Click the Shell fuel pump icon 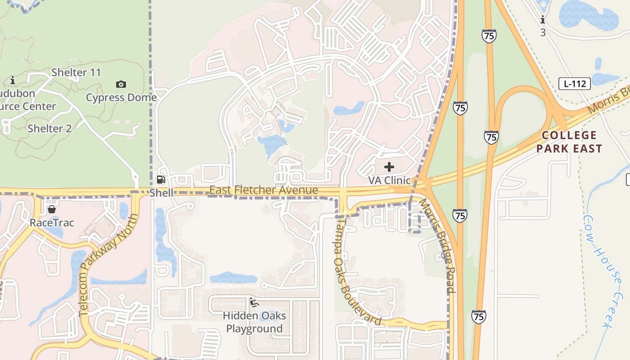tap(161, 180)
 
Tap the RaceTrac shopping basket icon tap(52, 210)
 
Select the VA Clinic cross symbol tap(389, 167)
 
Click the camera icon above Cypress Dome tap(121, 84)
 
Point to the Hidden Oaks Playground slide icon tap(254, 302)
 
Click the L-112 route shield tap(575, 84)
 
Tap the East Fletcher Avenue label tap(264, 190)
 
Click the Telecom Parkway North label tap(108, 265)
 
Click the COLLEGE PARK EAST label tap(569, 142)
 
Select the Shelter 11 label tap(76, 72)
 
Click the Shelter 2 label tap(49, 128)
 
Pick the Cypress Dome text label tap(121, 97)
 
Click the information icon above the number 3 tap(543, 20)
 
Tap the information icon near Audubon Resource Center tap(13, 81)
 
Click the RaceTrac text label tap(52, 223)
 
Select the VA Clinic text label tap(389, 180)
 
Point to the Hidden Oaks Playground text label tap(254, 322)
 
